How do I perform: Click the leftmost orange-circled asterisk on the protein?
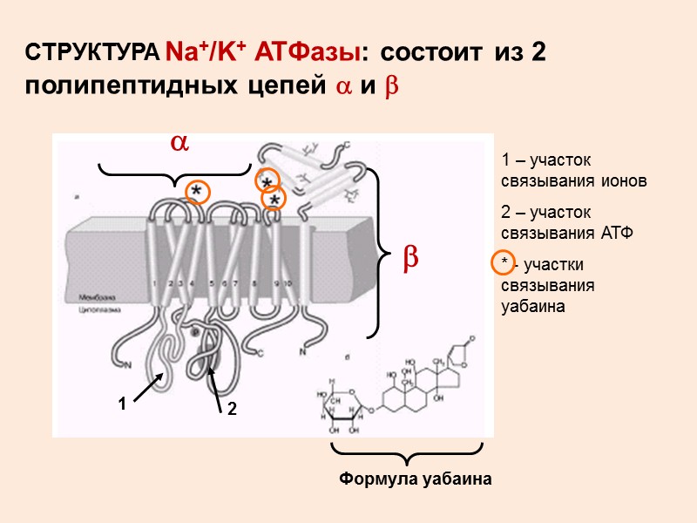[198, 192]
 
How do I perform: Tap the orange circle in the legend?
[503, 262]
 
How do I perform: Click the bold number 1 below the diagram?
[123, 404]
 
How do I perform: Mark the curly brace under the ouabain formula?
[407, 453]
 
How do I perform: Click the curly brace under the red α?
[174, 174]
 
